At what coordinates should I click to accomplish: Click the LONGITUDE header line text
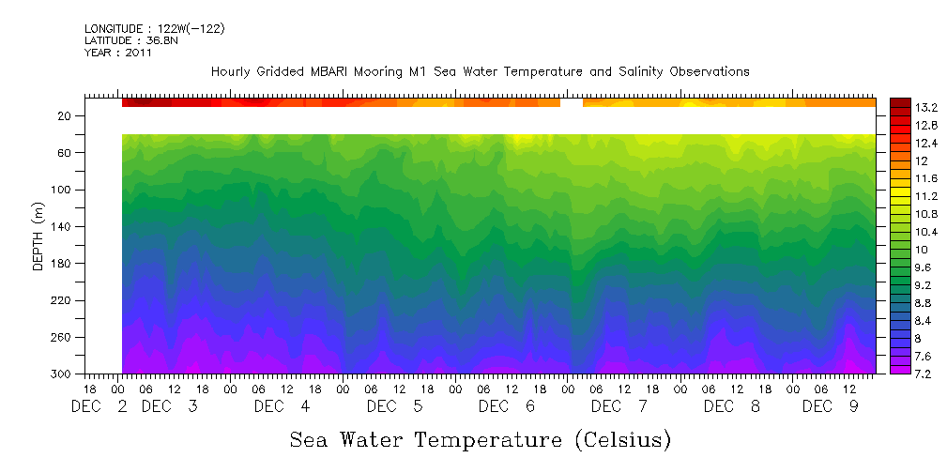coord(155,29)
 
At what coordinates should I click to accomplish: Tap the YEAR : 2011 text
coord(117,53)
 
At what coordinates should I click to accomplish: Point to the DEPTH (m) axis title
coord(38,238)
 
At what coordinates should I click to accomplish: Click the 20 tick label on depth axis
coord(65,116)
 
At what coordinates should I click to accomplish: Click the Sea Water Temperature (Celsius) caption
coord(480,439)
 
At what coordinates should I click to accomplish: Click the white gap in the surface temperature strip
coord(572,102)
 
